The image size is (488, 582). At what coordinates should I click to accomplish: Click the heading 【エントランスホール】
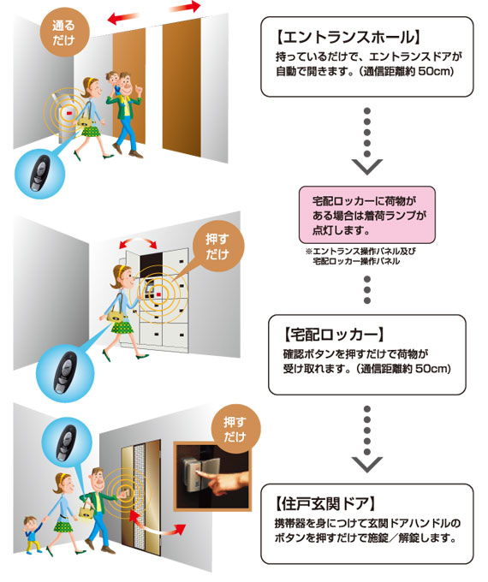(x=348, y=37)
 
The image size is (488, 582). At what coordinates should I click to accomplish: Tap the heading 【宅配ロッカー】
(x=333, y=335)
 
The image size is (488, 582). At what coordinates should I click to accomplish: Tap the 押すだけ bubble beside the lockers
(x=218, y=246)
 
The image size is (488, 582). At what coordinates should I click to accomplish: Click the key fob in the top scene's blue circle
(x=39, y=172)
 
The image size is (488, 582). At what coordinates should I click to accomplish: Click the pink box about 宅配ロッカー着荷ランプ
(x=367, y=215)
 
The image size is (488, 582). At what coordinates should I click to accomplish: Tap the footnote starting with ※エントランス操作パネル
(x=360, y=256)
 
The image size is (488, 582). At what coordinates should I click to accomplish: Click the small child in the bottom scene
(x=32, y=534)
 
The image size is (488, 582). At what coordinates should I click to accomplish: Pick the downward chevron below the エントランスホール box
(x=367, y=167)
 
